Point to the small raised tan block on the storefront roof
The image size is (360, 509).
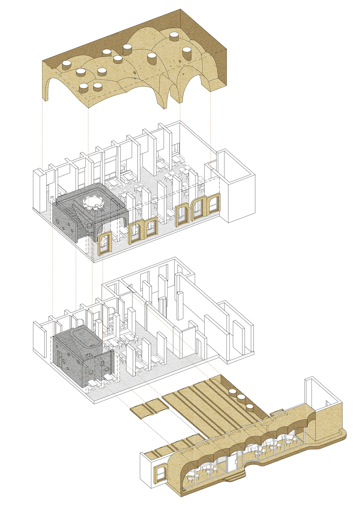pyautogui.click(x=276, y=414)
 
